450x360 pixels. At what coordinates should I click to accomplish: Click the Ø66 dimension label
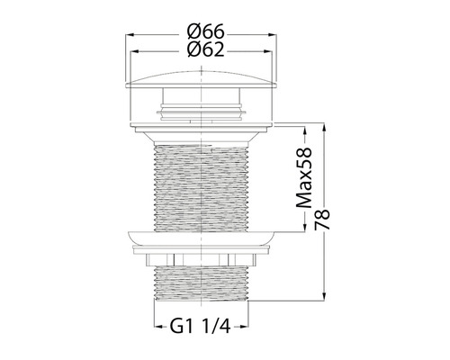[206, 31]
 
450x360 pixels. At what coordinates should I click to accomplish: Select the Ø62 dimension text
[206, 49]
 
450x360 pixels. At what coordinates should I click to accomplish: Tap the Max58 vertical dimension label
[304, 177]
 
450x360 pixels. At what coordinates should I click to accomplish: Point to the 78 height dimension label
[322, 220]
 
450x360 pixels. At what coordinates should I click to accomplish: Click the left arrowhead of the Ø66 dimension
[130, 35]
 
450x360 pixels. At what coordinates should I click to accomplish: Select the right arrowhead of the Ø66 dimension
[273, 35]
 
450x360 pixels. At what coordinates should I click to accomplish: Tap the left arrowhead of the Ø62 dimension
[134, 52]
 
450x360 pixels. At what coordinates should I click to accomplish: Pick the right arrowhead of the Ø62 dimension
[268, 52]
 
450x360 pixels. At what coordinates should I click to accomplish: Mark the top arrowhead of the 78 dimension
[324, 127]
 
